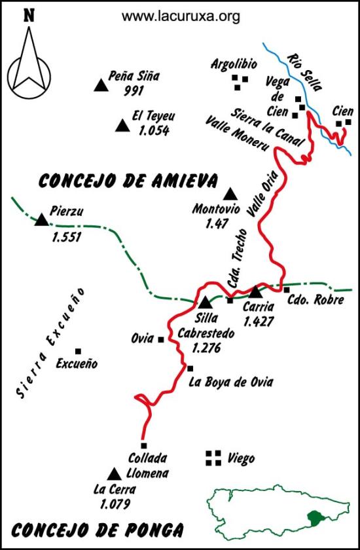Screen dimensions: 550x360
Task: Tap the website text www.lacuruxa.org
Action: coord(181,16)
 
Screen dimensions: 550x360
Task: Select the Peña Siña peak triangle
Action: coord(100,84)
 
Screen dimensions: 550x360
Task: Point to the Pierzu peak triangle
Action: coord(42,220)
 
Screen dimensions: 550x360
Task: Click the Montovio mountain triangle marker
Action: coord(230,194)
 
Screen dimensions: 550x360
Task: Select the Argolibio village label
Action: coord(234,64)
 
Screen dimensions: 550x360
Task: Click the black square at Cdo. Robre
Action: coord(286,290)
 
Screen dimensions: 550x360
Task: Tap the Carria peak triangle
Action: coord(255,292)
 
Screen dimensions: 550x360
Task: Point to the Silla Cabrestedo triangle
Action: coord(206,302)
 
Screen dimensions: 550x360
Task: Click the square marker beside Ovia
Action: coord(160,339)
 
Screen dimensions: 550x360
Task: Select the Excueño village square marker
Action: coord(78,352)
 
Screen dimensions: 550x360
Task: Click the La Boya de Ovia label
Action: coord(230,382)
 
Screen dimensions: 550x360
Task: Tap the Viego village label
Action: coord(241,459)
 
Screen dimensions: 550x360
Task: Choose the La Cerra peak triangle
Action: coord(114,473)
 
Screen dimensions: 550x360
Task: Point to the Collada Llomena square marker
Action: coord(143,445)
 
